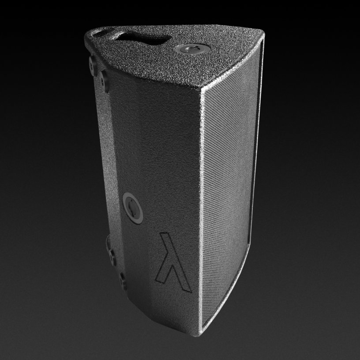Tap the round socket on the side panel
tap(132, 204)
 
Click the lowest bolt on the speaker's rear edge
tap(122, 279)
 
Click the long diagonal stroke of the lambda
tap(176, 260)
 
